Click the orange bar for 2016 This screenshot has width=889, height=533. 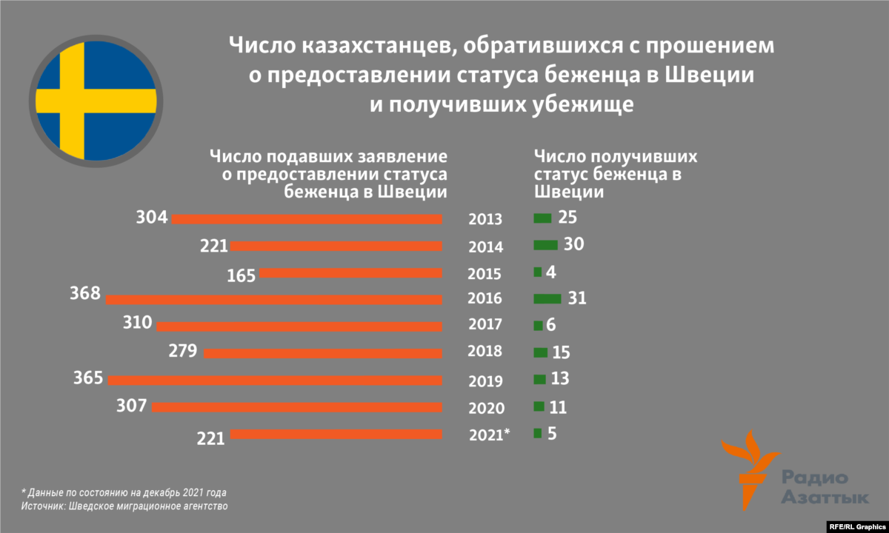click(274, 300)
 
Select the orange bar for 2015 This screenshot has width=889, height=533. click(350, 273)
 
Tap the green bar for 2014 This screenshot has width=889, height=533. click(545, 245)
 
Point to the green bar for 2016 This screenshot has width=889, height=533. click(547, 298)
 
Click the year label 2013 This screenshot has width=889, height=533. click(485, 219)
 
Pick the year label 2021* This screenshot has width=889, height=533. click(490, 435)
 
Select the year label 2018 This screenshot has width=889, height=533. click(485, 352)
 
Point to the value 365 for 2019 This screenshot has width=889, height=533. click(88, 378)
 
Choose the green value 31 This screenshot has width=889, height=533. click(577, 298)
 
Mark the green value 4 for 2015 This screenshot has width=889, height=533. click(550, 272)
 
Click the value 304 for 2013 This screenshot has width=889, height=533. click(152, 218)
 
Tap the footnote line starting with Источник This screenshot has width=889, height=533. click(124, 507)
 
